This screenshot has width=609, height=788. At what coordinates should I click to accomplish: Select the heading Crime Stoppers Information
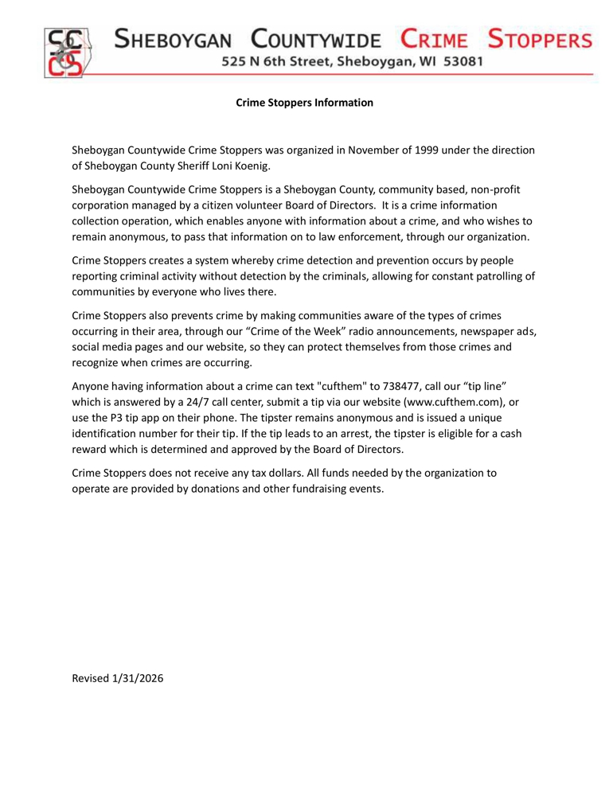(x=305, y=103)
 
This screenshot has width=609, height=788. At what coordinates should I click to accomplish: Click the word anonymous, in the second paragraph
(x=126, y=236)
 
